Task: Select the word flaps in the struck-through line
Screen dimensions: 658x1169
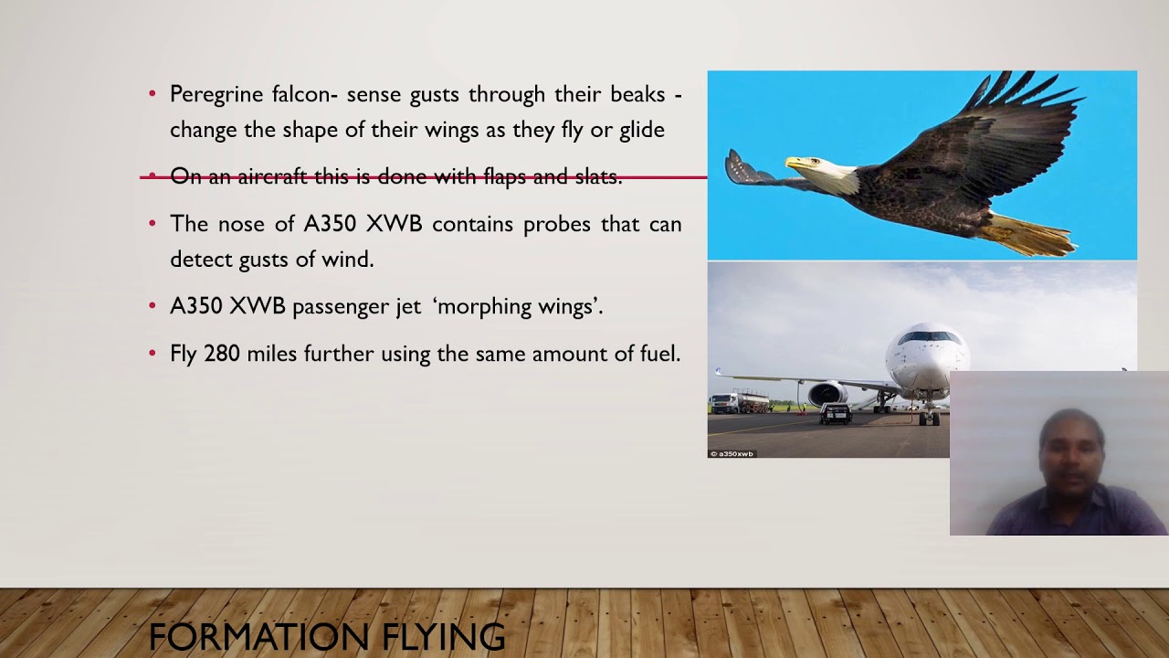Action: coord(505,176)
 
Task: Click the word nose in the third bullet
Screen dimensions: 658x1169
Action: coord(262,225)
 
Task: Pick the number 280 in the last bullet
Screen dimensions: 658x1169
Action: coord(222,354)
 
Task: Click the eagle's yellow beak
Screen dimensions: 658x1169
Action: coord(796,164)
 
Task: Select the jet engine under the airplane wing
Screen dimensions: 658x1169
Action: coord(827,396)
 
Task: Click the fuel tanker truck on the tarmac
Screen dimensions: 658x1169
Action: coord(739,401)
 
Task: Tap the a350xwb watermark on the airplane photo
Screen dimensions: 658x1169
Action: coord(732,453)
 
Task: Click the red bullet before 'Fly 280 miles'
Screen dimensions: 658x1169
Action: coord(153,354)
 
